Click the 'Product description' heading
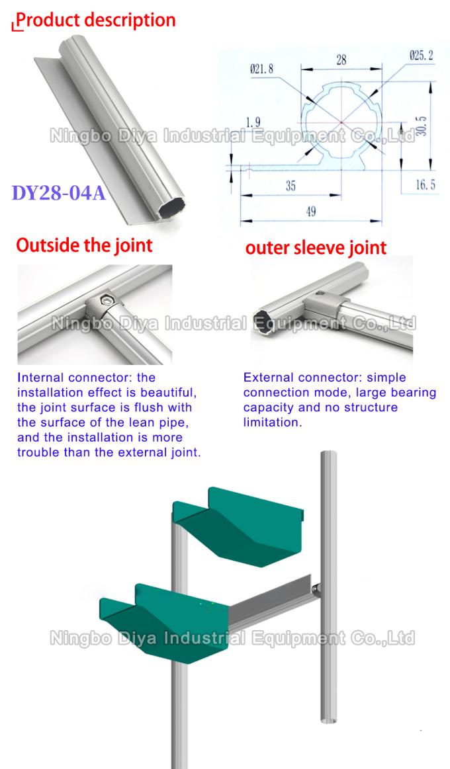(x=96, y=20)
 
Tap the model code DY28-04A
(x=59, y=193)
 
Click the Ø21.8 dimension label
(x=262, y=68)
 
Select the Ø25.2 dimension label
(x=421, y=57)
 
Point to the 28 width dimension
(x=340, y=60)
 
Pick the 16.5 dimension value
(x=425, y=185)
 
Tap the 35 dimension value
(x=291, y=186)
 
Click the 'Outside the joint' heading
(x=84, y=246)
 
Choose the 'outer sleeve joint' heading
(x=316, y=248)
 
